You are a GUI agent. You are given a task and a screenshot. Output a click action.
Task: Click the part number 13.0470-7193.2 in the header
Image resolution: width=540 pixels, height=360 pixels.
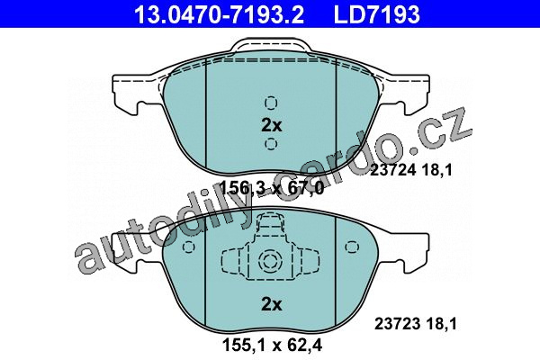click(x=219, y=14)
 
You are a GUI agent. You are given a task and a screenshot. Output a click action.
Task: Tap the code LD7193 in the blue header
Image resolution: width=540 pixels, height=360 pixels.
click(x=377, y=14)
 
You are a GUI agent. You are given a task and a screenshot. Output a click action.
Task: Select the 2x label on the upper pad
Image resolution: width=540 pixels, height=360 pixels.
click(x=272, y=126)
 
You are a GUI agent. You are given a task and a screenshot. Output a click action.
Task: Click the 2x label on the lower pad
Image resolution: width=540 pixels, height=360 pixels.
click(x=272, y=304)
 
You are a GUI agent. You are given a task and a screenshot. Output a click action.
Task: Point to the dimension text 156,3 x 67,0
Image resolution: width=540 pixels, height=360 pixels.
click(x=272, y=188)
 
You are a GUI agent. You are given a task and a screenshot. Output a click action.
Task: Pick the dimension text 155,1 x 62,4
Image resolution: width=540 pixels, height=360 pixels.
click(x=273, y=345)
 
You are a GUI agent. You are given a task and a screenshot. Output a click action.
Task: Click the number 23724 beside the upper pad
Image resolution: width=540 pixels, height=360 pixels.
click(x=391, y=170)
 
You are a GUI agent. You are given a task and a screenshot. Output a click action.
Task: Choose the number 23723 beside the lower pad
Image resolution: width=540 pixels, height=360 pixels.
click(x=397, y=324)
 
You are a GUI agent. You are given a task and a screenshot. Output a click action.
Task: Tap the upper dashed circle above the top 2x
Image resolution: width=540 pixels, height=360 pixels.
click(x=271, y=103)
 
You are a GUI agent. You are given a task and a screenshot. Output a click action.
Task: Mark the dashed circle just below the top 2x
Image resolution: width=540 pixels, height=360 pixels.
click(x=271, y=144)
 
